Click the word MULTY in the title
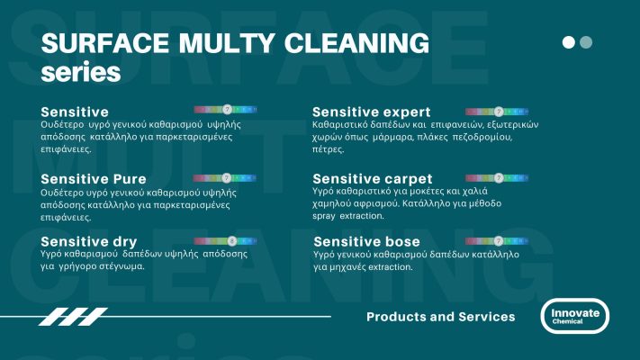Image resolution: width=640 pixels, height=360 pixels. tap(221, 43)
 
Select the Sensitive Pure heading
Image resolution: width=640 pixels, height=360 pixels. tap(94, 179)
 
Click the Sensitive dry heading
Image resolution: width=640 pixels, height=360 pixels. tap(88, 242)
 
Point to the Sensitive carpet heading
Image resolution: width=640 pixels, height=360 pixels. tap(372, 179)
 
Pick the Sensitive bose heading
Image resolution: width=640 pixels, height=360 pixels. tap(365, 242)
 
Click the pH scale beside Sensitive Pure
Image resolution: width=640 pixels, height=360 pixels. tap(226, 178)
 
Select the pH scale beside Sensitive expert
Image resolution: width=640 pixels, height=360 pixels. tap(498, 112)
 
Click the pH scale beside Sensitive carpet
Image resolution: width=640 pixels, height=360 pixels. tap(498, 178)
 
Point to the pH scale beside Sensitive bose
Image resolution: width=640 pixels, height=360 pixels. tap(498, 241)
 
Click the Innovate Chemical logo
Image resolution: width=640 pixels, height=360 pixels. tap(574, 316)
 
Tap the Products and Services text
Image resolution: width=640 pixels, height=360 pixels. tap(440, 317)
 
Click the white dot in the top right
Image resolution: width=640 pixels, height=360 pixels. tap(568, 42)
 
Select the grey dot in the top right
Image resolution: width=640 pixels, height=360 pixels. tap(586, 42)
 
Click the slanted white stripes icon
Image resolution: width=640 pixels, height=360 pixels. tap(73, 316)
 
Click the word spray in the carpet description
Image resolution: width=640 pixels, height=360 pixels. tap(328, 217)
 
